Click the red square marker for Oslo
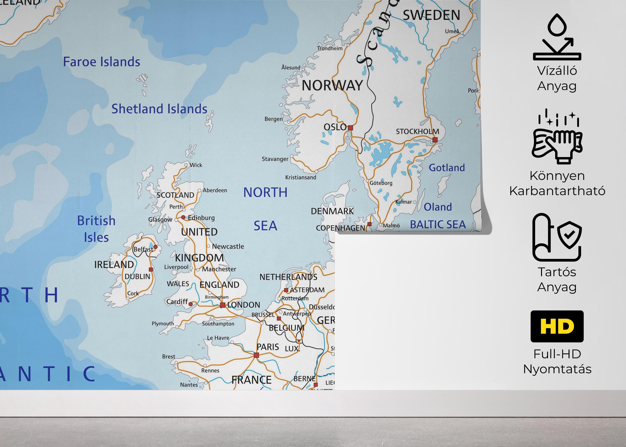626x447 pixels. tap(350, 128)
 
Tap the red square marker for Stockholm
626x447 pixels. tap(435, 140)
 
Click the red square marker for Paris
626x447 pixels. tap(256, 355)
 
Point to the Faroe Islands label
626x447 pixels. tap(102, 62)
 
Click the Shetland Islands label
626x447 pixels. tap(159, 109)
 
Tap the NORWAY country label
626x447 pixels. tap(332, 85)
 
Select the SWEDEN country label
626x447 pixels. tap(431, 15)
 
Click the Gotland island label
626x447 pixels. tap(446, 167)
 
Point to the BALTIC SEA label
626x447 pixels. tap(438, 225)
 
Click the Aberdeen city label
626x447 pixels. tap(215, 190)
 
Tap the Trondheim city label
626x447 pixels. tap(330, 48)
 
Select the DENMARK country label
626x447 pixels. tap(332, 211)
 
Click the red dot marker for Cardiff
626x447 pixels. tap(190, 304)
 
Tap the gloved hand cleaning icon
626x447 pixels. tap(557, 140)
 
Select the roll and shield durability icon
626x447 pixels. tap(557, 237)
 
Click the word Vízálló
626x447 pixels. tap(557, 71)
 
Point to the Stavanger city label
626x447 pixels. tap(275, 159)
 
